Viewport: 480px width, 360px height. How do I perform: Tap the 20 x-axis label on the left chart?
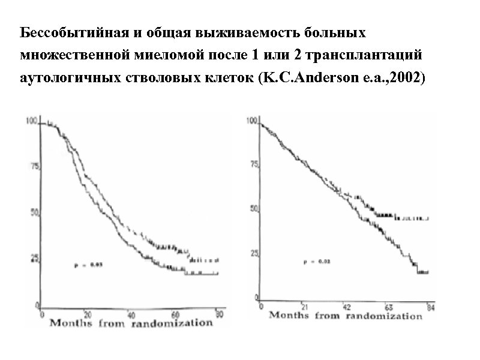88,314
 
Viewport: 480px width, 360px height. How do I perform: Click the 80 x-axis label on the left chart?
220,314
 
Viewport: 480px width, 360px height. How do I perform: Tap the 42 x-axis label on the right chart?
347,307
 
